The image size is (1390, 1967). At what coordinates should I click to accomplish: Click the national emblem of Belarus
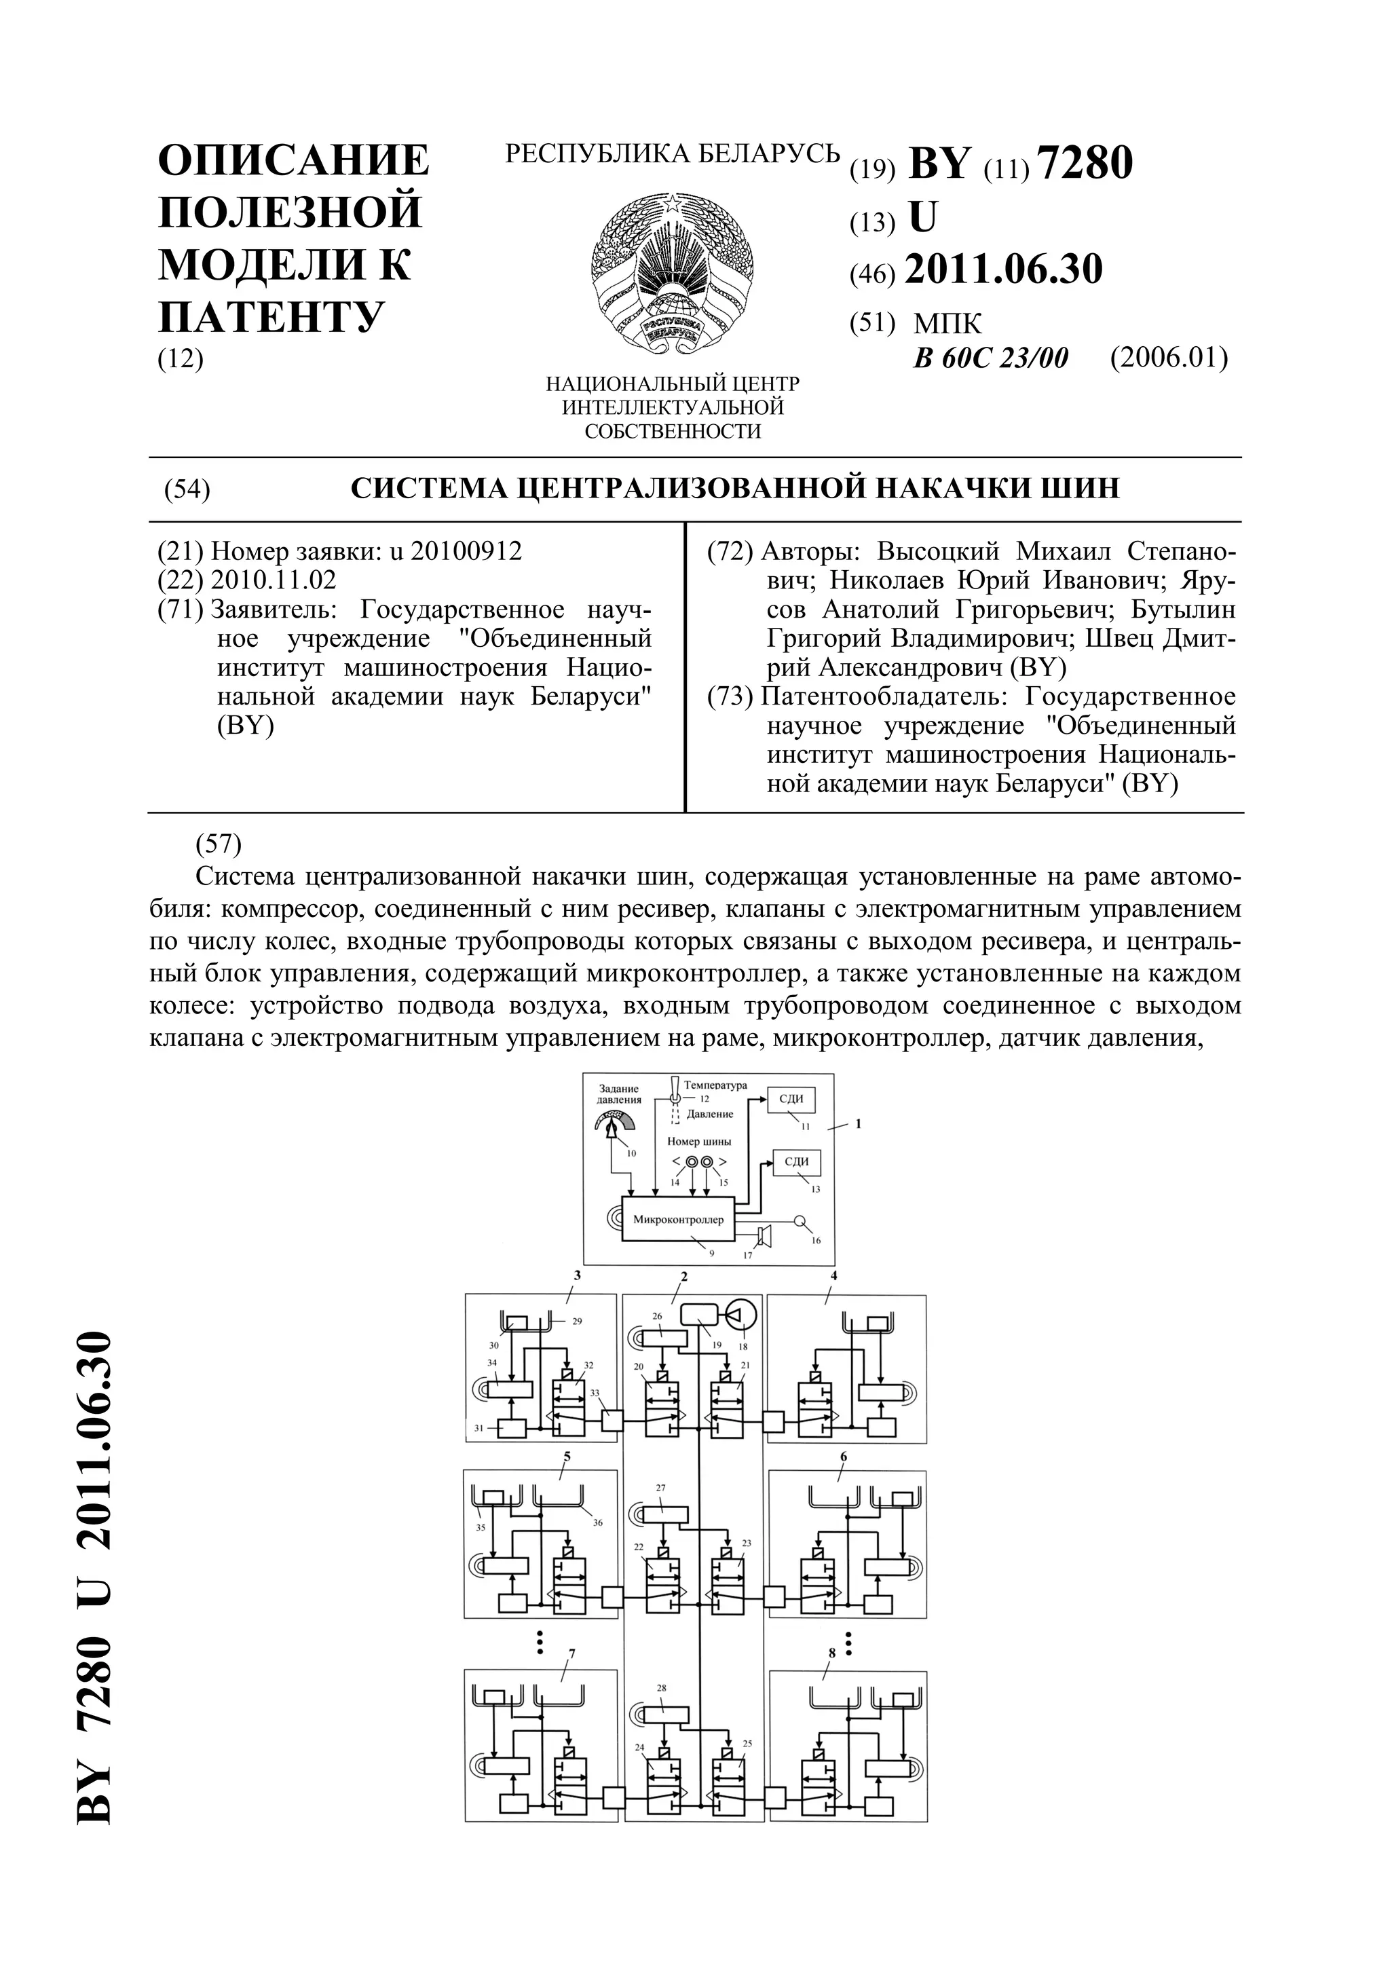point(673,272)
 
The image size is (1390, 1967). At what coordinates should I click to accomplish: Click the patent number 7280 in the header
point(1085,163)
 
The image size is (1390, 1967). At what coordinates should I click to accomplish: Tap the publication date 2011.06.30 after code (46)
point(1003,270)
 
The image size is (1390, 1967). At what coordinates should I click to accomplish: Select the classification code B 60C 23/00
point(991,358)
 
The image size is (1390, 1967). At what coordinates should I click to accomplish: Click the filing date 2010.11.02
point(274,580)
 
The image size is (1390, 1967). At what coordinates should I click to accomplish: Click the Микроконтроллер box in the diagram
point(677,1219)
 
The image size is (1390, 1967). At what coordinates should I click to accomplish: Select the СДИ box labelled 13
point(797,1162)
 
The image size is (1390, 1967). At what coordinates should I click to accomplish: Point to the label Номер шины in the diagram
point(699,1141)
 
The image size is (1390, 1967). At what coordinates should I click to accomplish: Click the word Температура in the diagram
point(715,1085)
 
